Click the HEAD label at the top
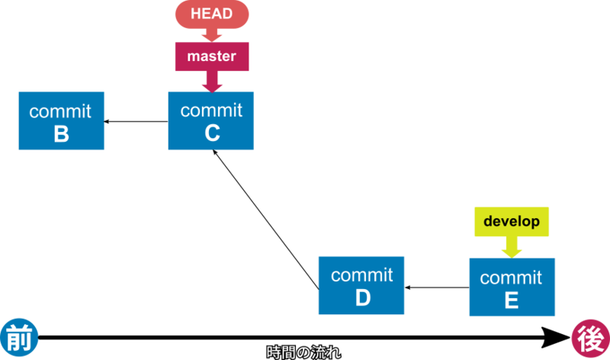pos(211,14)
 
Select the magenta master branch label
pos(211,56)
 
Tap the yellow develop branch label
pos(512,221)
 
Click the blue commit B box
pos(61,121)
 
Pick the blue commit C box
pos(211,121)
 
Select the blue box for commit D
pos(361,285)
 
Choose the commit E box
pos(512,287)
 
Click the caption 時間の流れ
pos(303,352)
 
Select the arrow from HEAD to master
pos(211,35)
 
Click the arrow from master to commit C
pos(211,81)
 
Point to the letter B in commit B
pos(61,134)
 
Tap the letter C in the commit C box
pos(212,133)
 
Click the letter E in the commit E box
pos(512,301)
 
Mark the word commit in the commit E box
pos(512,277)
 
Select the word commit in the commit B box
pos(60,111)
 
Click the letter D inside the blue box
pos(362,298)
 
